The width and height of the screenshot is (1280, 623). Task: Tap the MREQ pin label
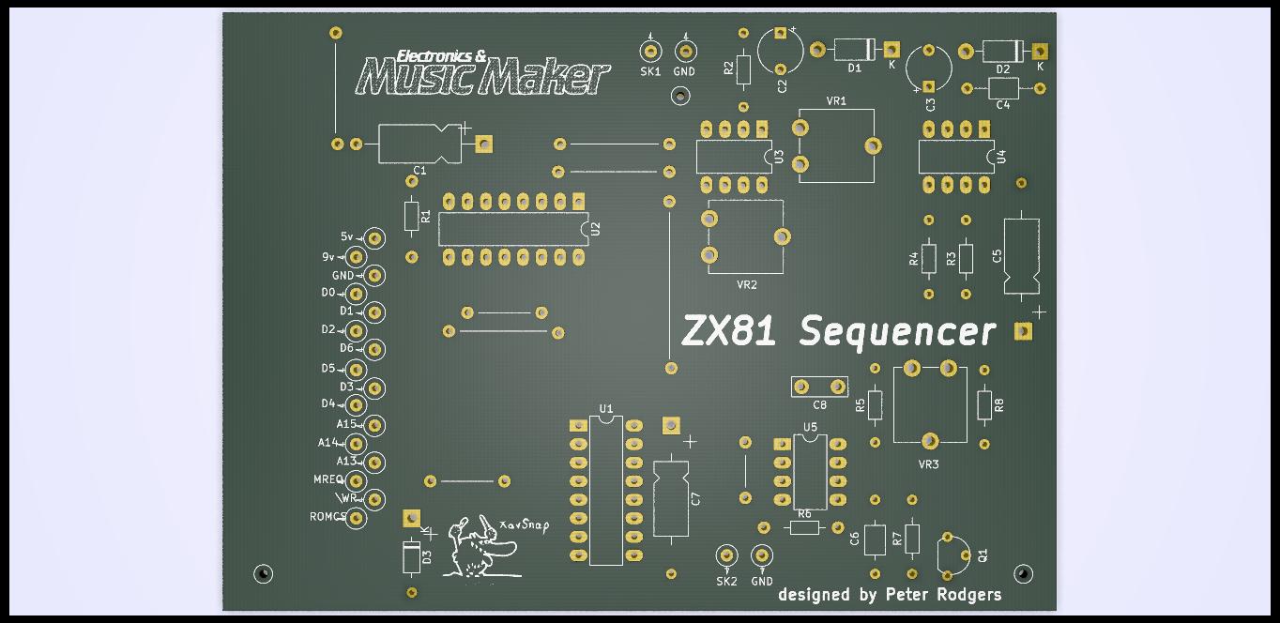point(328,479)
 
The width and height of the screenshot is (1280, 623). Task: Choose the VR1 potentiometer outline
point(836,145)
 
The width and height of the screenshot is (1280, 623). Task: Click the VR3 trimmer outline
point(930,403)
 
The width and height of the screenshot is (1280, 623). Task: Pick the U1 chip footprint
point(606,491)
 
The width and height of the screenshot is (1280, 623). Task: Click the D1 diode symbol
point(854,49)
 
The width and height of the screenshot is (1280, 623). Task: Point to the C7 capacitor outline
point(670,498)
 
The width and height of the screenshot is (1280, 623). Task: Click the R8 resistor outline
point(984,405)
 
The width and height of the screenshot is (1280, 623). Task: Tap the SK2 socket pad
point(725,555)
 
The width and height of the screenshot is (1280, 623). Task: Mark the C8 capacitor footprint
point(820,387)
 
